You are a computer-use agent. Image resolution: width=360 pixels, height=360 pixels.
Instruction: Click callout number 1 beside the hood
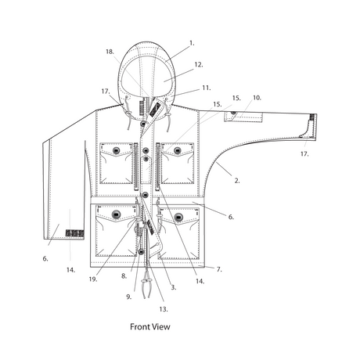click(192, 43)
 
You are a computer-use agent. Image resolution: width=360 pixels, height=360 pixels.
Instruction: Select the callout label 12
click(199, 64)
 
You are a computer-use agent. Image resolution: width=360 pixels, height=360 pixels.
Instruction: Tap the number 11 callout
click(207, 88)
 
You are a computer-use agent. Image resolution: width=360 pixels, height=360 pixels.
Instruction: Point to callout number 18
click(110, 52)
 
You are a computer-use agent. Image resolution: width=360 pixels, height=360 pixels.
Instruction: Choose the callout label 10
click(257, 98)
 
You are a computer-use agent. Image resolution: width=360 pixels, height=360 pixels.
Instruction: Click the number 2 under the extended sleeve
click(237, 181)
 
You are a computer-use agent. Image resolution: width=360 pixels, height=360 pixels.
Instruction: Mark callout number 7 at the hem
click(219, 269)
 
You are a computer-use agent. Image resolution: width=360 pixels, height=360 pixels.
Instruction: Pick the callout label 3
click(174, 287)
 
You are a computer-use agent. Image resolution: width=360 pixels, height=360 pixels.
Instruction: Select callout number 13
click(164, 309)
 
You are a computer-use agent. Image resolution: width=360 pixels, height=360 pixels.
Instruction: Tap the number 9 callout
click(129, 297)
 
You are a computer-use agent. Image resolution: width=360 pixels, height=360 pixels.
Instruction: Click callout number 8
click(124, 275)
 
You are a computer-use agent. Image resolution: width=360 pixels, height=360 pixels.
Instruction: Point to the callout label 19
click(93, 279)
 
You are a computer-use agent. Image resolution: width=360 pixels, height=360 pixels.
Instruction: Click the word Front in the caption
click(140, 326)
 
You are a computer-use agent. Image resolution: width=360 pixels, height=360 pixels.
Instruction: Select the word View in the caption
click(161, 326)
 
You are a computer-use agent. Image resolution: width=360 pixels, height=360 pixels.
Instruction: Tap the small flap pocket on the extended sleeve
click(243, 117)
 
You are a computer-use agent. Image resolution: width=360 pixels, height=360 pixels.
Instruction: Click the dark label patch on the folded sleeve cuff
click(74, 233)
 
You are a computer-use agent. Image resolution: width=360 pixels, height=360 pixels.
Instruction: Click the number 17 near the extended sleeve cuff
click(304, 154)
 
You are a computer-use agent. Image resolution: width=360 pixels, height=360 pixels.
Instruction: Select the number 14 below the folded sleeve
click(70, 270)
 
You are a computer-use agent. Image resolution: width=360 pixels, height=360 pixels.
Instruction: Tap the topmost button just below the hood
click(143, 124)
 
